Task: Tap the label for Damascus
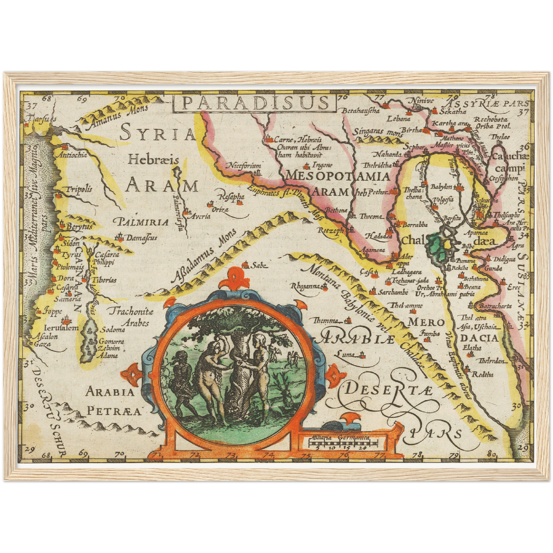142,238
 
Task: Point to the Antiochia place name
72,155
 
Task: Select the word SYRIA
158,134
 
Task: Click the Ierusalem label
61,328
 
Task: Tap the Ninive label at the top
422,101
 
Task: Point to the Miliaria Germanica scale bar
343,444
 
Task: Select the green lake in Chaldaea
435,248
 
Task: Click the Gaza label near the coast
42,344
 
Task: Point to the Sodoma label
113,330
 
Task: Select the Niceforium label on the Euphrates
245,166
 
